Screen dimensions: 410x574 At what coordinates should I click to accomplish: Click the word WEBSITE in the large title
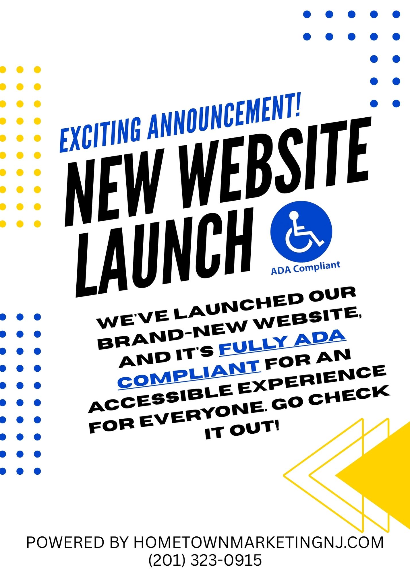[276, 161]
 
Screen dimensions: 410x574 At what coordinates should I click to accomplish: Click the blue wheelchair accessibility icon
[301, 231]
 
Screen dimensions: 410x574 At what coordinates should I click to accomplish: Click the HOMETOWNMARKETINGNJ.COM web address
[259, 542]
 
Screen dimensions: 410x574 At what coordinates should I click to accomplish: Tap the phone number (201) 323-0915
[205, 560]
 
